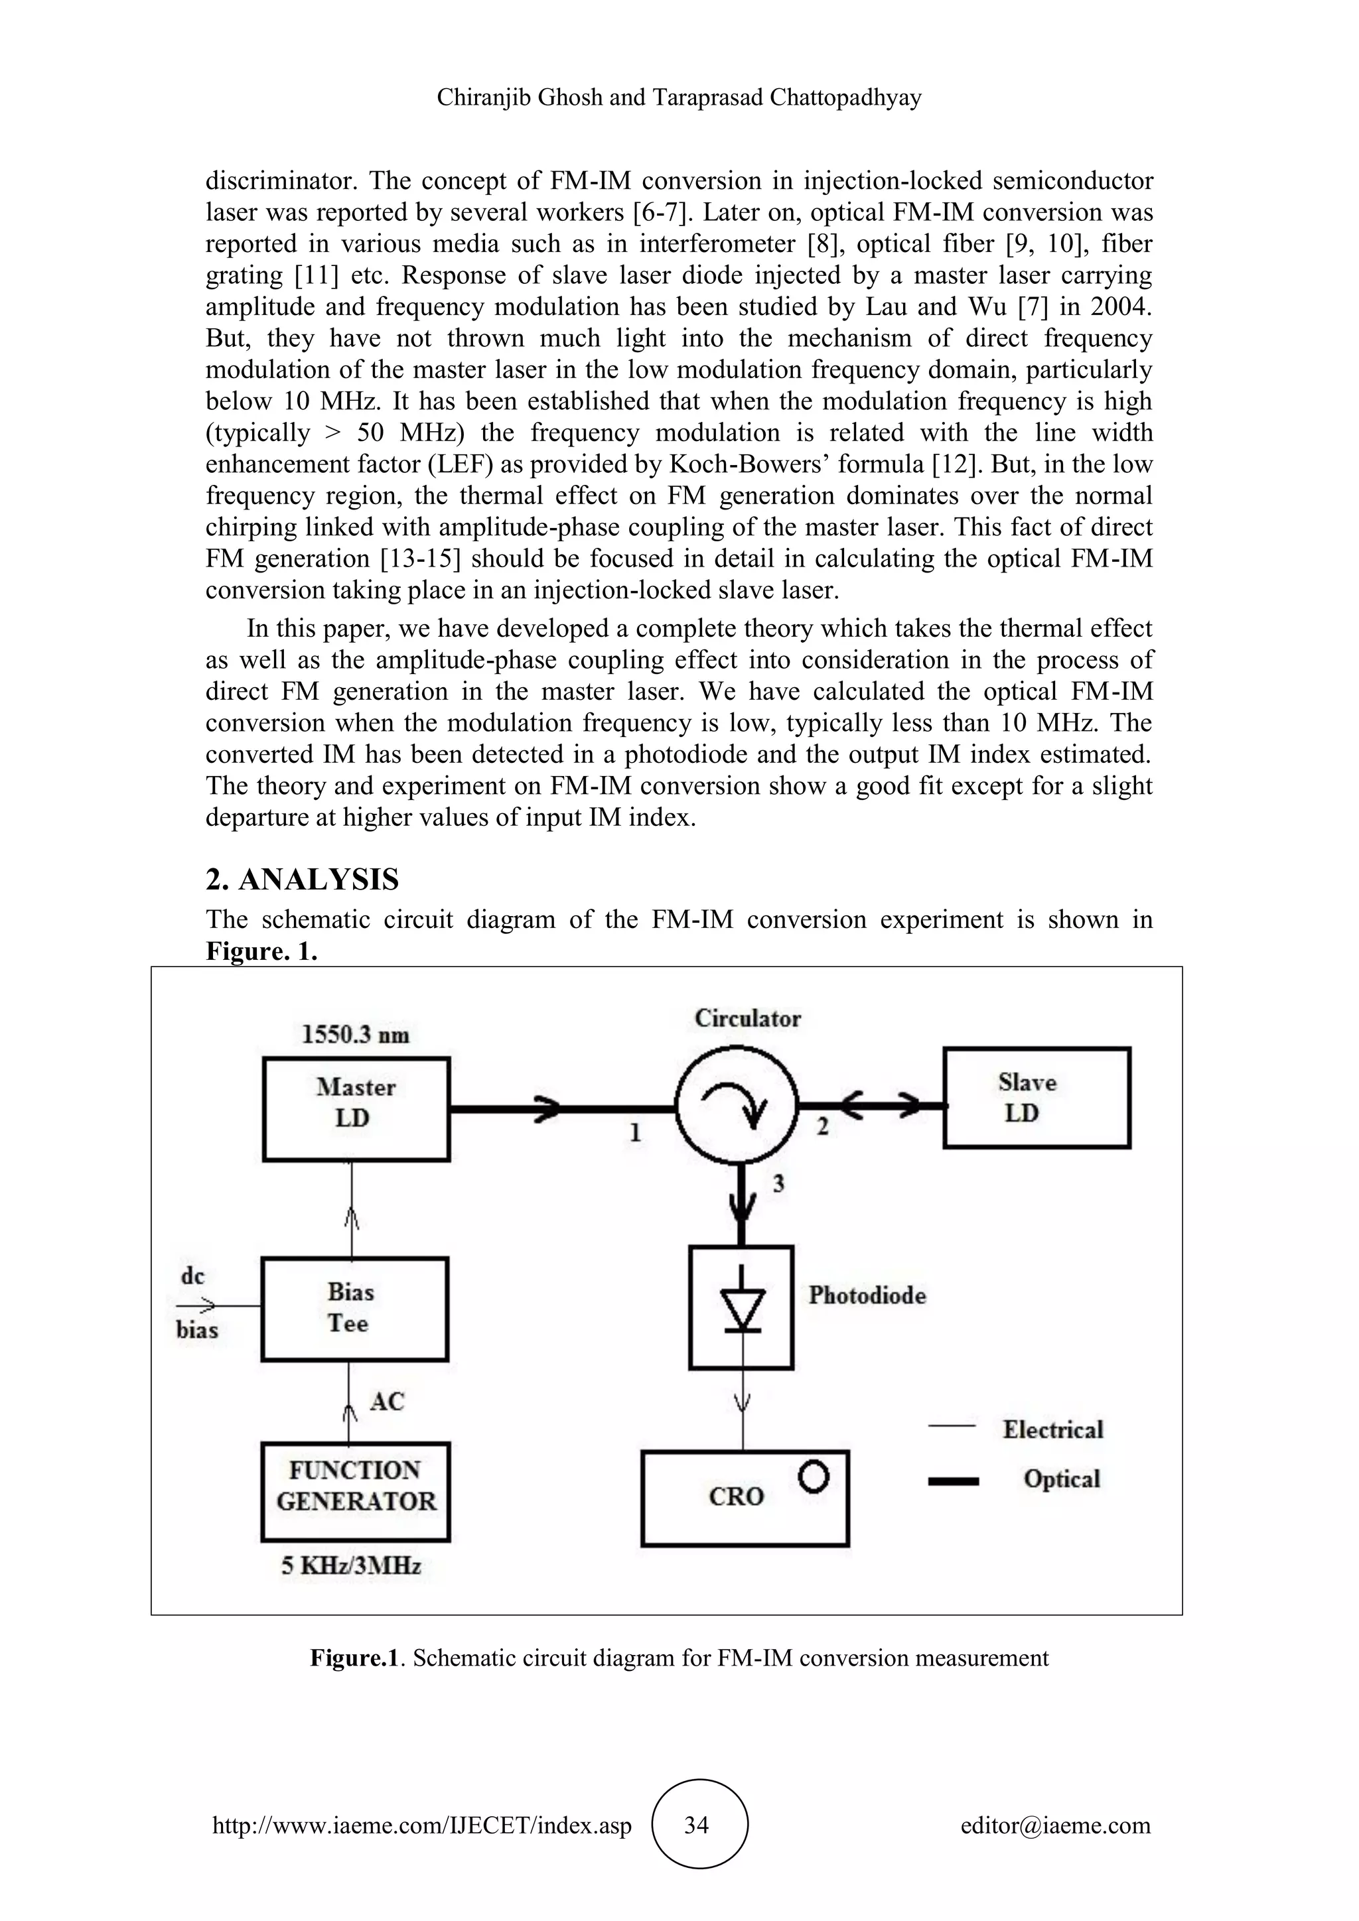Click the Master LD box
click(x=356, y=1108)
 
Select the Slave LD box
click(x=1036, y=1097)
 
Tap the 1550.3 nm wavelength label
click(x=356, y=1035)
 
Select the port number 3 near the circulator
click(x=778, y=1184)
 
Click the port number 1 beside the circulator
click(x=635, y=1133)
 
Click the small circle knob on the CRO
click(x=814, y=1477)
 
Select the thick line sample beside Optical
click(x=953, y=1481)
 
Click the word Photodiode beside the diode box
click(x=867, y=1295)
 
